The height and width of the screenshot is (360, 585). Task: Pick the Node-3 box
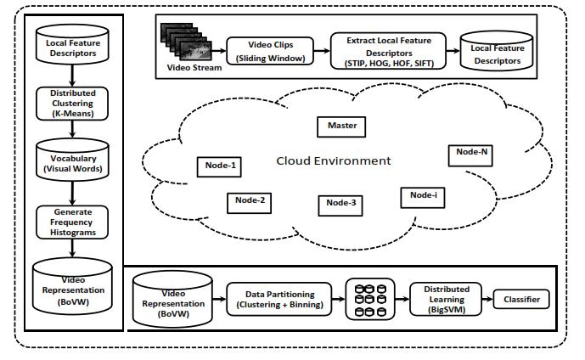tap(340, 203)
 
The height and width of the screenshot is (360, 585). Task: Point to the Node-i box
tap(422, 195)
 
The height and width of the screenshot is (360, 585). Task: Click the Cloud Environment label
tap(333, 160)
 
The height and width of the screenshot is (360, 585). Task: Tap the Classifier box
tap(521, 300)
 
